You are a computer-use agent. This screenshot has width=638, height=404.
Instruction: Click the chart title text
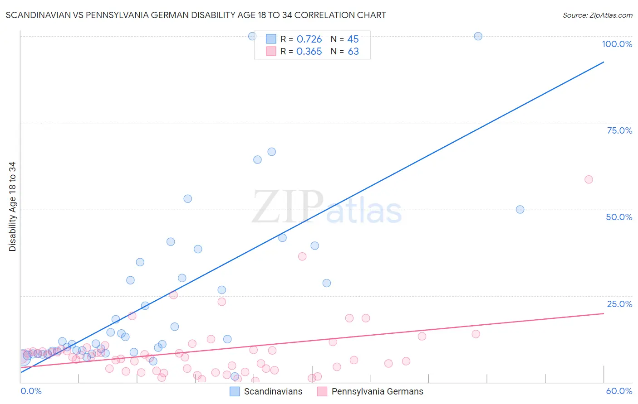pos(196,15)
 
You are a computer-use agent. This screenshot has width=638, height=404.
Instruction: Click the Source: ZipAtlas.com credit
pos(597,15)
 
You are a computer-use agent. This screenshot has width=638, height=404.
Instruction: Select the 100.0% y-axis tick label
pos(617,44)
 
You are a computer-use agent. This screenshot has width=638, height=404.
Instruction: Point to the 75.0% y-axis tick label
pos(619,130)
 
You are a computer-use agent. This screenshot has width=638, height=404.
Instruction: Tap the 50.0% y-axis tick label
pos(619,217)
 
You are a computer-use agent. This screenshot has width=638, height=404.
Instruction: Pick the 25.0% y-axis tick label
pos(619,304)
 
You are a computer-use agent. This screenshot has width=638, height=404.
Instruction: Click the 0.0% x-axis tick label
pos(31,391)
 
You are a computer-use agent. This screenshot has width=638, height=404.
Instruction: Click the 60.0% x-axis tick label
pos(619,391)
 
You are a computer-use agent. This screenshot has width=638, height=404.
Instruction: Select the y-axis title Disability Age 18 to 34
pos(12,207)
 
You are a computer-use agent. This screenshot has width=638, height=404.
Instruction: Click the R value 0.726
pos(309,39)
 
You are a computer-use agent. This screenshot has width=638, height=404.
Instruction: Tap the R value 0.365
pos(309,52)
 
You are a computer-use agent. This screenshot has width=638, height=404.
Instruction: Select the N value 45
pos(353,39)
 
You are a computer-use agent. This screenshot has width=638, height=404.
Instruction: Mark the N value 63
pos(353,52)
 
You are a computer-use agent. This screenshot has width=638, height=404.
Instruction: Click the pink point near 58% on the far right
pos(589,179)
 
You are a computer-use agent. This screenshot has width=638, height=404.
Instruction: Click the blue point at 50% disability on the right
pos(520,210)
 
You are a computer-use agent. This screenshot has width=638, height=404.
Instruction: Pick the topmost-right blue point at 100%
pos(478,36)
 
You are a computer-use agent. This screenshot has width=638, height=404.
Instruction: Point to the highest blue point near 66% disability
pos(271,152)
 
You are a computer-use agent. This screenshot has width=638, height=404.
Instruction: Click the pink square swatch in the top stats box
pos(271,51)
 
